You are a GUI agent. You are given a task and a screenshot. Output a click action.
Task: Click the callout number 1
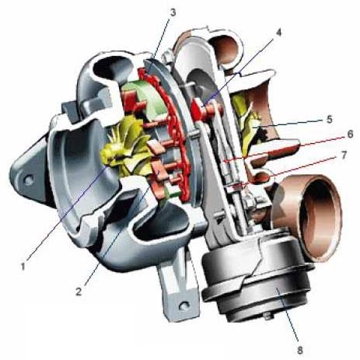pos(23,266)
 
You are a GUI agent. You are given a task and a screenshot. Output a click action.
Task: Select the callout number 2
pos(79,292)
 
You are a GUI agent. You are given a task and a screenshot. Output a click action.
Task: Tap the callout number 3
pos(173,12)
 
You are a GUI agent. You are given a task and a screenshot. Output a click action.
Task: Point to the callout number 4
pos(278,33)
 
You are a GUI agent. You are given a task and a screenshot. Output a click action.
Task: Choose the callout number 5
pos(329,120)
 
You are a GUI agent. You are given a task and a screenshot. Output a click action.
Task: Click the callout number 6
pos(350,135)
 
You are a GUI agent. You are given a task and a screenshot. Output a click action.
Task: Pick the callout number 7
pos(344,156)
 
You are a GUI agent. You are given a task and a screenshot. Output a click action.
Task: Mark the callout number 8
pos(300,350)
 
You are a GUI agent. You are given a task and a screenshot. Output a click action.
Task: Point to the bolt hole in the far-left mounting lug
pos(29,180)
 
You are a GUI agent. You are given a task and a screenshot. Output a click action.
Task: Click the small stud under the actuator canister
pos(267,316)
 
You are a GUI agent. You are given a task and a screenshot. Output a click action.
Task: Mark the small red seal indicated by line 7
pos(236,186)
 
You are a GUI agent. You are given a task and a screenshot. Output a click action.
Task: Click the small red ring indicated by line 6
pos(227,161)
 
